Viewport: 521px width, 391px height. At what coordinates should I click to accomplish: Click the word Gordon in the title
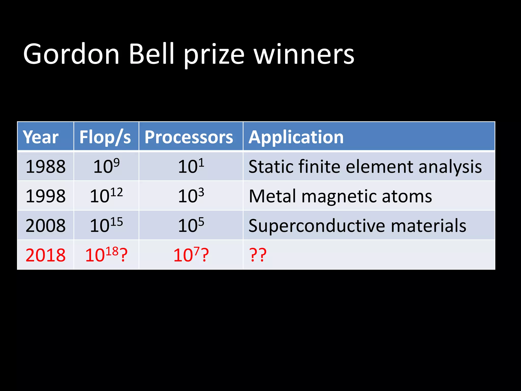point(71,54)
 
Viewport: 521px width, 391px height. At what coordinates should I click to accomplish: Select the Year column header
point(41,137)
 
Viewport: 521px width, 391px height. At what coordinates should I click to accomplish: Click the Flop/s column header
point(105,137)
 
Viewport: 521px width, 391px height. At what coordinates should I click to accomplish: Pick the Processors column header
point(189,137)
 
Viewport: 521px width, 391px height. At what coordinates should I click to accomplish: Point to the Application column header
point(296,137)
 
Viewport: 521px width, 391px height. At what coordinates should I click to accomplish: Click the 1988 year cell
point(46,167)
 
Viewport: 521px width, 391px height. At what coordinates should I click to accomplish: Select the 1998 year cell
point(46,196)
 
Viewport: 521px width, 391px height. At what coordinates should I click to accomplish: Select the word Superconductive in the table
point(317,226)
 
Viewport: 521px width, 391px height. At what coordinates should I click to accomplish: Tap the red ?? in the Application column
point(258,255)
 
